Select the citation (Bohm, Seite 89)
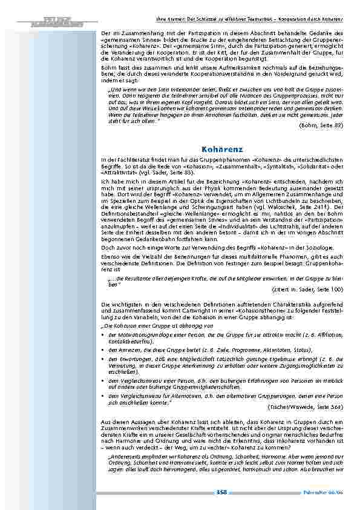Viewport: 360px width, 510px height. click(321, 125)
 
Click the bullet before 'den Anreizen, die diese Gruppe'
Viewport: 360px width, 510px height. click(103, 350)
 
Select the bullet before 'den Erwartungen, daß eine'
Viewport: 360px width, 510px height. click(103, 359)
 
